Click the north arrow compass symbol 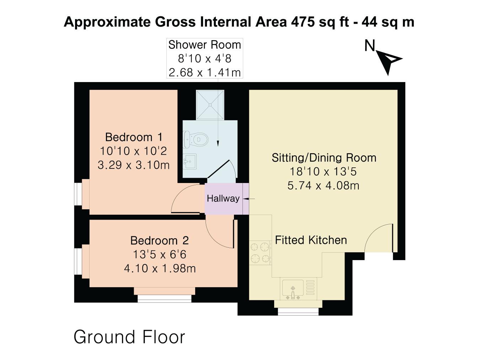pyautogui.click(x=390, y=60)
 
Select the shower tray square pyautogui.click(x=210, y=105)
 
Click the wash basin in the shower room pyautogui.click(x=190, y=162)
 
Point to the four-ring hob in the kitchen pyautogui.click(x=260, y=253)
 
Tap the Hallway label pyautogui.click(x=223, y=198)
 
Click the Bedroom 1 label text pyautogui.click(x=134, y=137)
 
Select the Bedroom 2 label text pyautogui.click(x=159, y=241)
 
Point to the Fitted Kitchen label pyautogui.click(x=311, y=240)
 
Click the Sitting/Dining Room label pyautogui.click(x=324, y=157)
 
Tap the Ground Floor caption pyautogui.click(x=129, y=337)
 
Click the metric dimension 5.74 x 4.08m pyautogui.click(x=323, y=186)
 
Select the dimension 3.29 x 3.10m pyautogui.click(x=134, y=165)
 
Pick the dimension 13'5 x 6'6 pyautogui.click(x=159, y=254)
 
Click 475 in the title pyautogui.click(x=303, y=22)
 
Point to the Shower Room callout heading pyautogui.click(x=204, y=45)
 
